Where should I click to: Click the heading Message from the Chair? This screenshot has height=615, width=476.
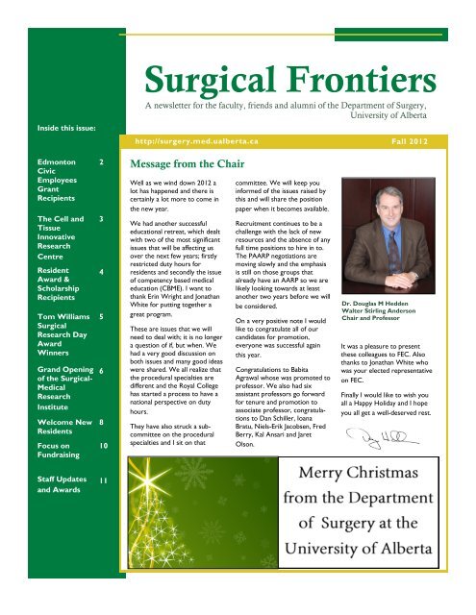coord(188,164)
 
